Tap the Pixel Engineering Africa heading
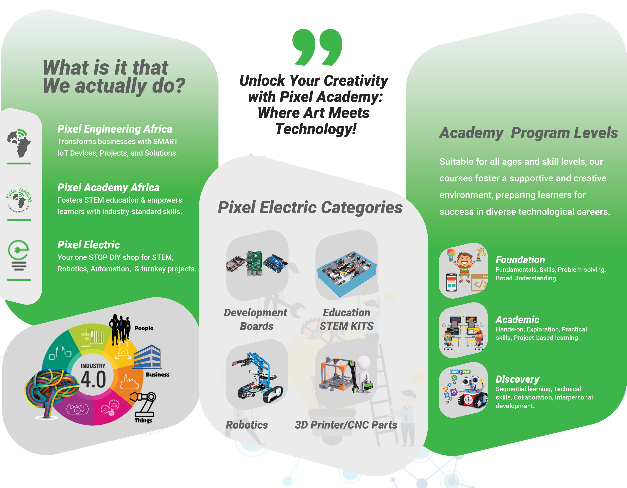coord(115,129)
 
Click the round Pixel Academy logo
coord(19,200)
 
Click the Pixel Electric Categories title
coord(310,207)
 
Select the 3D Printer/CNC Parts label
coord(346,425)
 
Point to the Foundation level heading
coord(520,260)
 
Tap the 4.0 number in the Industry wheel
coord(93,379)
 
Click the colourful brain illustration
coord(50,391)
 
